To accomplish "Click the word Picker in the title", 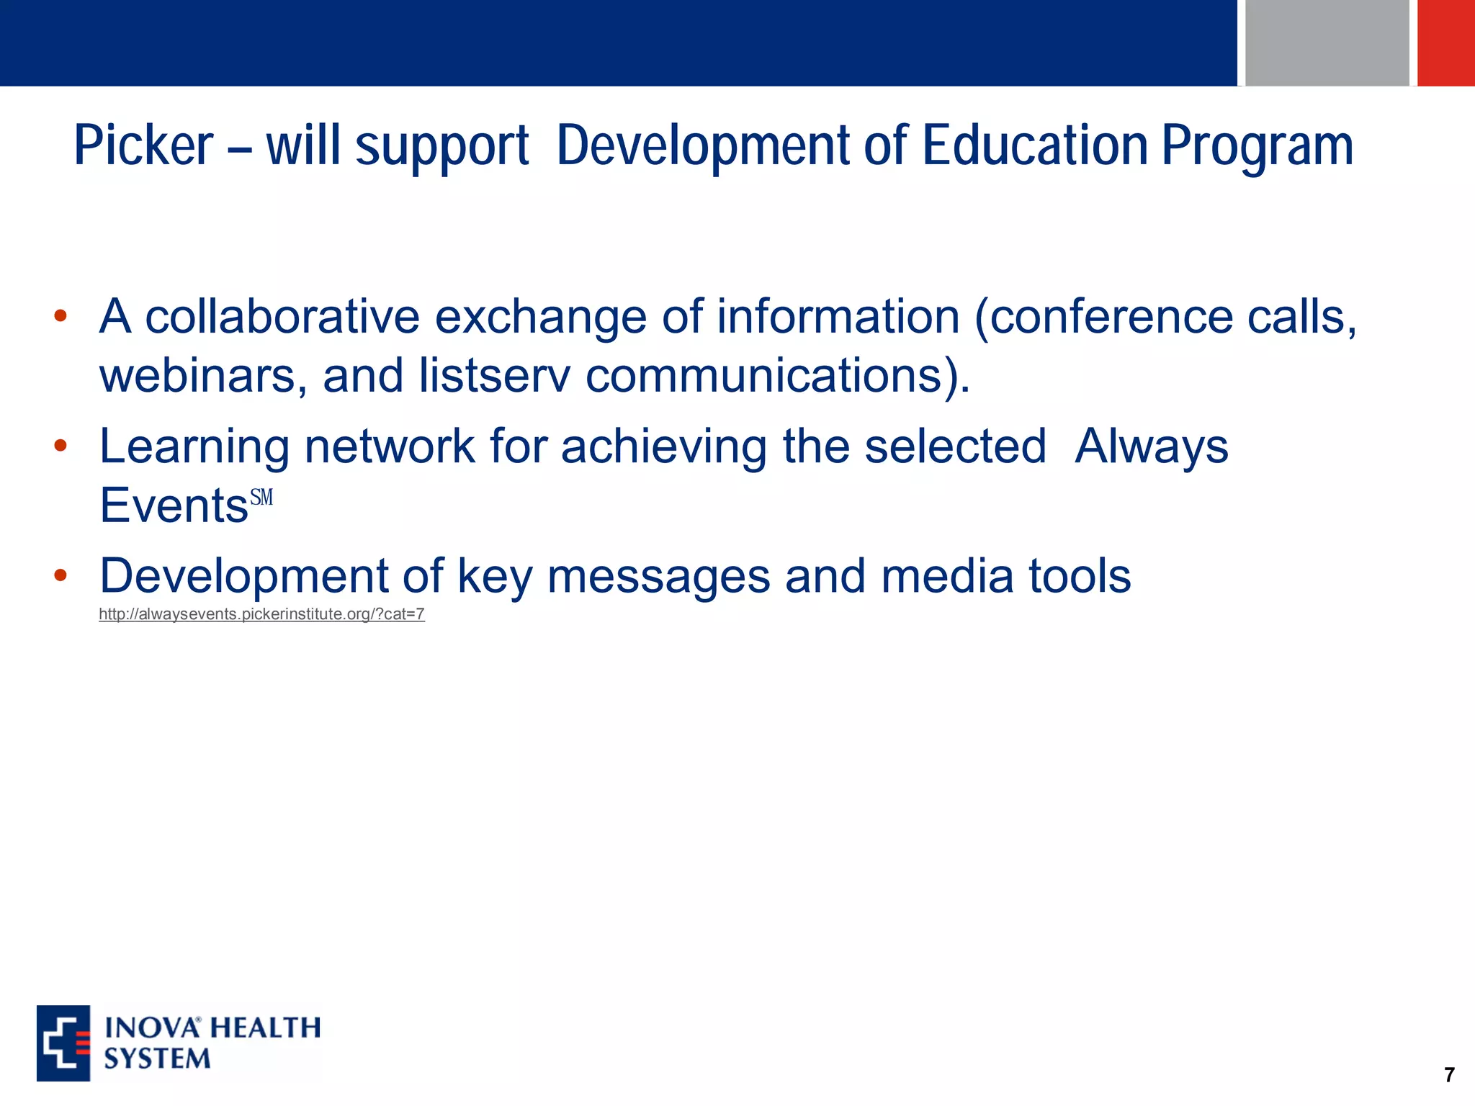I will [x=143, y=146].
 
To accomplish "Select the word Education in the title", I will [x=1035, y=146].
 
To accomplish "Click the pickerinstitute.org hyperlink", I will [x=261, y=614].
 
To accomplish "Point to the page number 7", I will [x=1449, y=1075].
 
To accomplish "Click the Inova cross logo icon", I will [x=63, y=1043].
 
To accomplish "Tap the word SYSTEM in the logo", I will [x=157, y=1059].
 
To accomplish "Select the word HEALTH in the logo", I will [x=266, y=1028].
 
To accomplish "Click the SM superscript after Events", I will [x=261, y=498].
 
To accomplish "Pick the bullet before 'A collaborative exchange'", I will [x=60, y=315].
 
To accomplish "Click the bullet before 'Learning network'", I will [x=60, y=445].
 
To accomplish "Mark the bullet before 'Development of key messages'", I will [x=60, y=575].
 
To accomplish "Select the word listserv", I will [x=493, y=376].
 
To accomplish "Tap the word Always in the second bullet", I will [x=1151, y=446].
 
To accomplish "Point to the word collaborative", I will [x=282, y=317].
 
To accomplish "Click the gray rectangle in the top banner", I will [x=1327, y=42].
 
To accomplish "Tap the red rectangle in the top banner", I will [x=1446, y=42].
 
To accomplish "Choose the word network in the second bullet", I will [x=390, y=446].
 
